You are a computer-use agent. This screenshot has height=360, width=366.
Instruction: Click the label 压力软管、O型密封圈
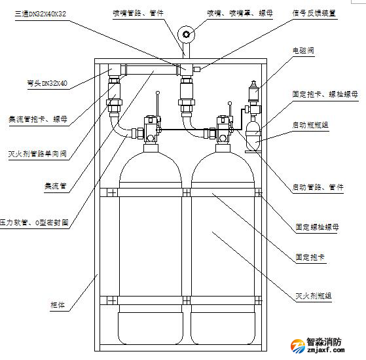click(x=34, y=223)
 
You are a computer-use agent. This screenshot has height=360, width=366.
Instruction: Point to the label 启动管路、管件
click(x=319, y=188)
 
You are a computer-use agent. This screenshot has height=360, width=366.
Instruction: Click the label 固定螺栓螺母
click(x=319, y=227)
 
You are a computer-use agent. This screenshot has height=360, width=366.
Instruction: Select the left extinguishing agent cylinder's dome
click(x=152, y=164)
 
